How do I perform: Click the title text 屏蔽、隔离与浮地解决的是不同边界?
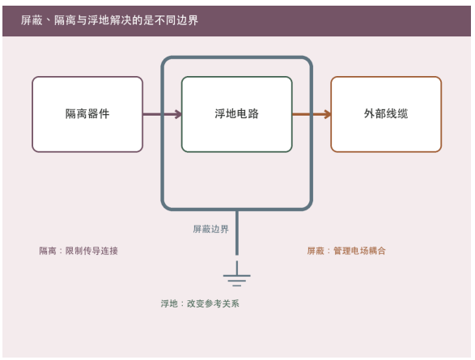tap(109, 20)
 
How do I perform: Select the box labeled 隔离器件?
tap(87, 114)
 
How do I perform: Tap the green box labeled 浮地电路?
tap(237, 114)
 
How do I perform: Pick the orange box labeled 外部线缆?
tap(386, 114)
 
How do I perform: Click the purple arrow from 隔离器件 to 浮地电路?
tap(162, 114)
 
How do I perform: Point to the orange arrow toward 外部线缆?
tap(312, 114)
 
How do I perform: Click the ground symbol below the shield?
tap(237, 273)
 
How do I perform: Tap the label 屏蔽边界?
tap(211, 229)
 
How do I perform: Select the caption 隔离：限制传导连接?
tap(78, 251)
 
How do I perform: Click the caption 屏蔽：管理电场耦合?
tap(346, 251)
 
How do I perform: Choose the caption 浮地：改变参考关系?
tap(200, 303)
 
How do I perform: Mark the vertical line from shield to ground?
tap(237, 232)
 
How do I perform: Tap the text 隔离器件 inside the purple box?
tap(87, 114)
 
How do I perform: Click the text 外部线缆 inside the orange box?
tap(386, 114)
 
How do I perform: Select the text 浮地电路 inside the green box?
tap(237, 114)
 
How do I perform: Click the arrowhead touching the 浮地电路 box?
tap(178, 114)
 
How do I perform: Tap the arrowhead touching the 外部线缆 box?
tap(327, 114)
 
